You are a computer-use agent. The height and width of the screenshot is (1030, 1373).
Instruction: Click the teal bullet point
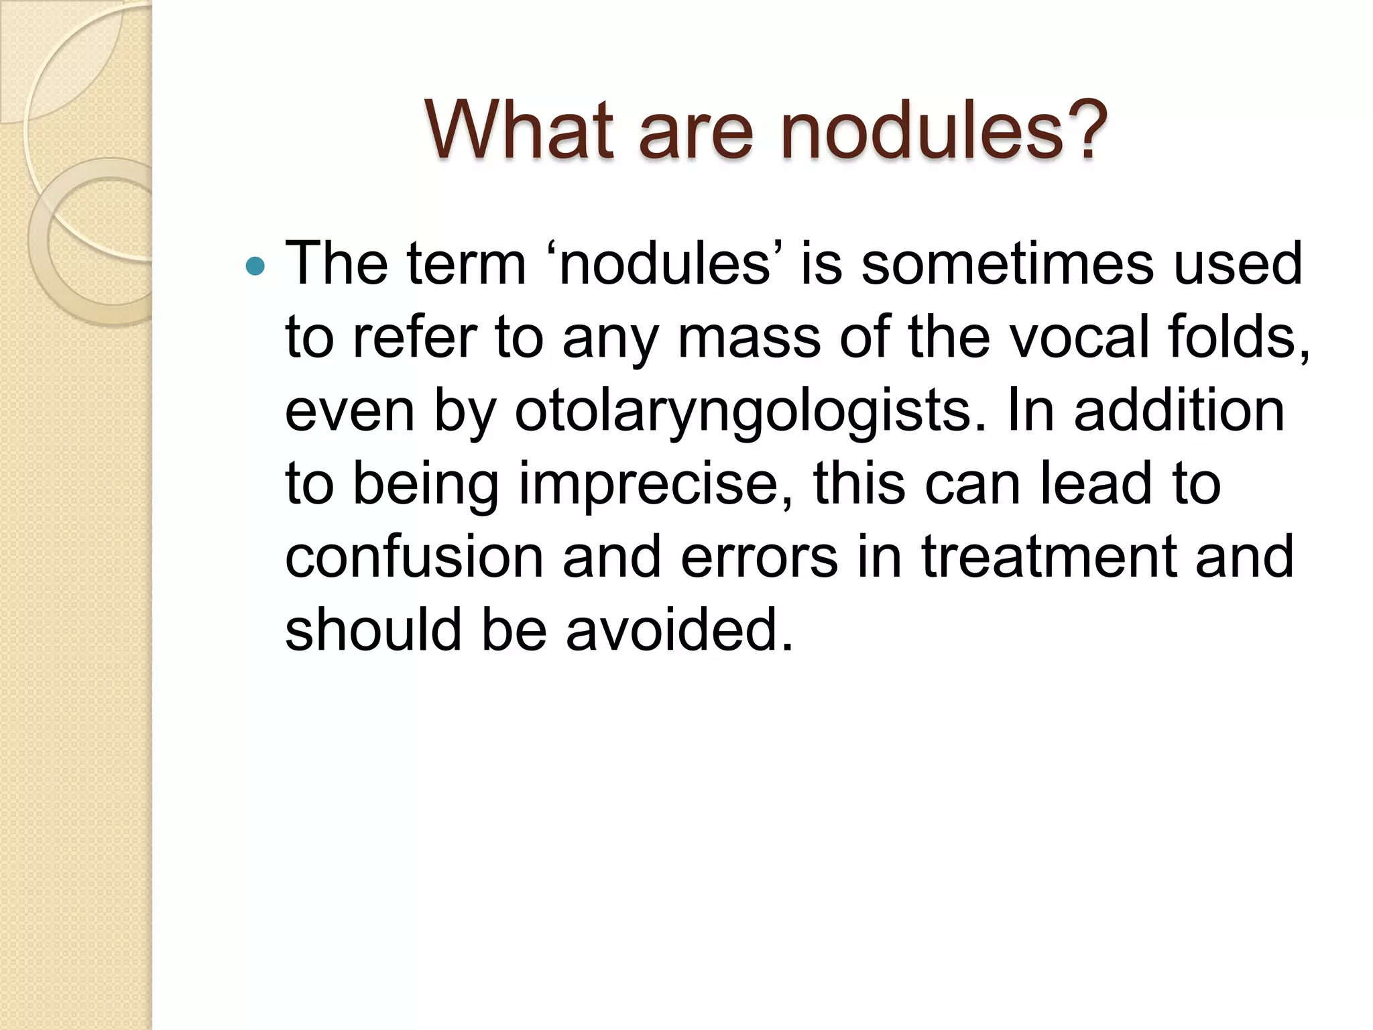point(255,267)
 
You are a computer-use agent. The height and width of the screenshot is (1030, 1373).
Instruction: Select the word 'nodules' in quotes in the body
point(665,264)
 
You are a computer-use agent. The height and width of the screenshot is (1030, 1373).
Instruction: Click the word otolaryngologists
point(751,410)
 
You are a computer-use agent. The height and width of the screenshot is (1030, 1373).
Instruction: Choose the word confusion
point(414,557)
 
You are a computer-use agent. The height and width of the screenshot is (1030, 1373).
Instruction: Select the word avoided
point(679,630)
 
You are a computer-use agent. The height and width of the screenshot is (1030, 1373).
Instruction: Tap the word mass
point(749,337)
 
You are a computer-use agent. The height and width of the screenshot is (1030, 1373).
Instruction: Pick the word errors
point(760,557)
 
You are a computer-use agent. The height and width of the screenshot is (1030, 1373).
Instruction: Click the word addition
point(1179,410)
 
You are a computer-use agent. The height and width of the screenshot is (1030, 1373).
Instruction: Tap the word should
point(373,630)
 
